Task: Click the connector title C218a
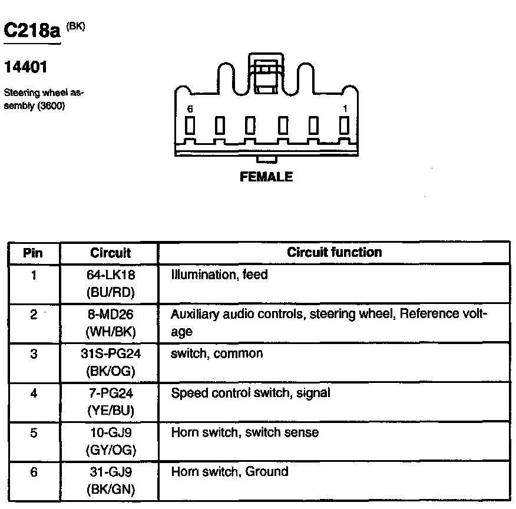[32, 30]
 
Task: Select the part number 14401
[25, 68]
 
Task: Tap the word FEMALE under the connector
[266, 177]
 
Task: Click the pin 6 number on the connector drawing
[190, 110]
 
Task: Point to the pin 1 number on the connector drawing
[345, 109]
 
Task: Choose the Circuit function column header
[334, 252]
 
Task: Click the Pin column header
[33, 253]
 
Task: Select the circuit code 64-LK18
[110, 275]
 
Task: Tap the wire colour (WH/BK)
[110, 331]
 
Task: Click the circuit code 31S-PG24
[110, 354]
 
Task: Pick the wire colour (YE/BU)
[110, 411]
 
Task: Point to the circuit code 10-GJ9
[110, 433]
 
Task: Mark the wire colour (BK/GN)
[110, 490]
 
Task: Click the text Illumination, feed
[219, 275]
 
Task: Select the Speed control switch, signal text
[250, 393]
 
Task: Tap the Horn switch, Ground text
[230, 471]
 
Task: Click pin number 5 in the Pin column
[34, 433]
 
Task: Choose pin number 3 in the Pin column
[34, 354]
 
